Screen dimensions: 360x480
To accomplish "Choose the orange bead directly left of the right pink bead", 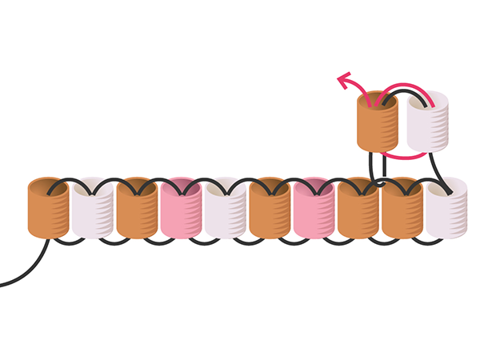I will pyautogui.click(x=270, y=210).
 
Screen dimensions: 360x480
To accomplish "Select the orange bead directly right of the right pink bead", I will pyautogui.click(x=358, y=210).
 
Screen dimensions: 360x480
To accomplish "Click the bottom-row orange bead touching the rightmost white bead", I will pyautogui.click(x=402, y=210).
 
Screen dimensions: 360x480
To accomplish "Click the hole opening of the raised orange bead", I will pyautogui.click(x=377, y=100).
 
